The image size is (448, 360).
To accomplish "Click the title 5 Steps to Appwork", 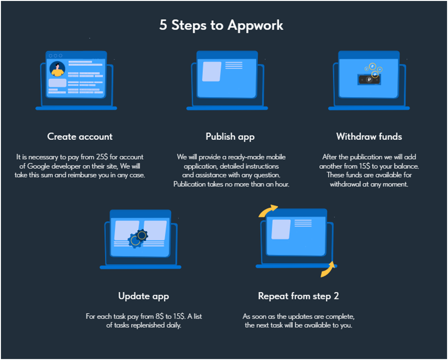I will coord(221,25).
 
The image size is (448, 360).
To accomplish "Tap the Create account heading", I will coord(80,136).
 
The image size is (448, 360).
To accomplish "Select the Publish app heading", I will coord(230,136).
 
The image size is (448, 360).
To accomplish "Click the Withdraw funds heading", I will coord(369,136).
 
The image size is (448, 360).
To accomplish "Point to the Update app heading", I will coord(143,296).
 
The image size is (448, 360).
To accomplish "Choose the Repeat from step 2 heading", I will coord(298,296).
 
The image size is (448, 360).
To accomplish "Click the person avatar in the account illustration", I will coord(57,69).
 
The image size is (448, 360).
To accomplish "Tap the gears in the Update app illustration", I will coord(138,237).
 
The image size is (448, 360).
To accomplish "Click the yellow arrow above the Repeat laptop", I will coord(268,211).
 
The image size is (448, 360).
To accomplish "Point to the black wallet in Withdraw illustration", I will coord(369,80).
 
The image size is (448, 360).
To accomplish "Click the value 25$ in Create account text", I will coord(102,157).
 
